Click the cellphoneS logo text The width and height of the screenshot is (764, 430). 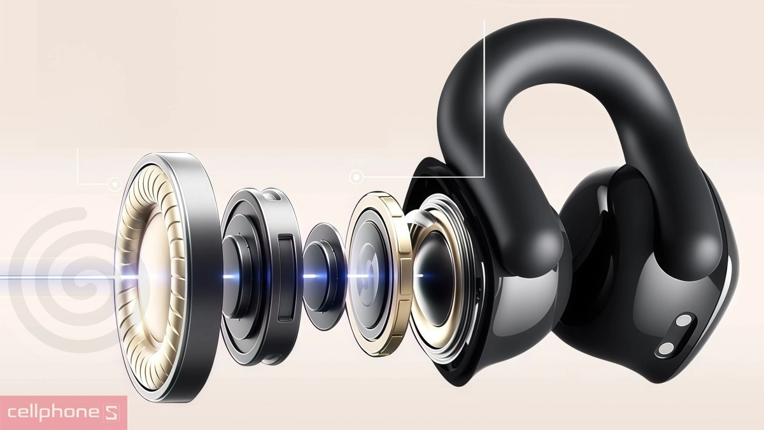point(63,413)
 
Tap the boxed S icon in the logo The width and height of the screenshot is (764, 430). point(111,413)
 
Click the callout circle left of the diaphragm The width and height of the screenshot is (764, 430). point(115,184)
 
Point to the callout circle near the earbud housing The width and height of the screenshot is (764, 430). point(357,177)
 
